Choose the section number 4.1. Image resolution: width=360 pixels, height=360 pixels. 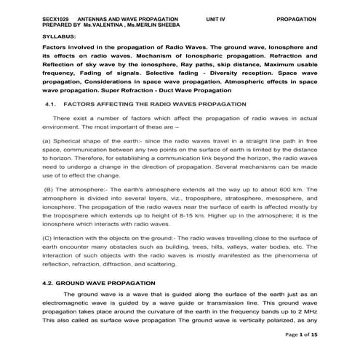(x=51, y=104)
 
